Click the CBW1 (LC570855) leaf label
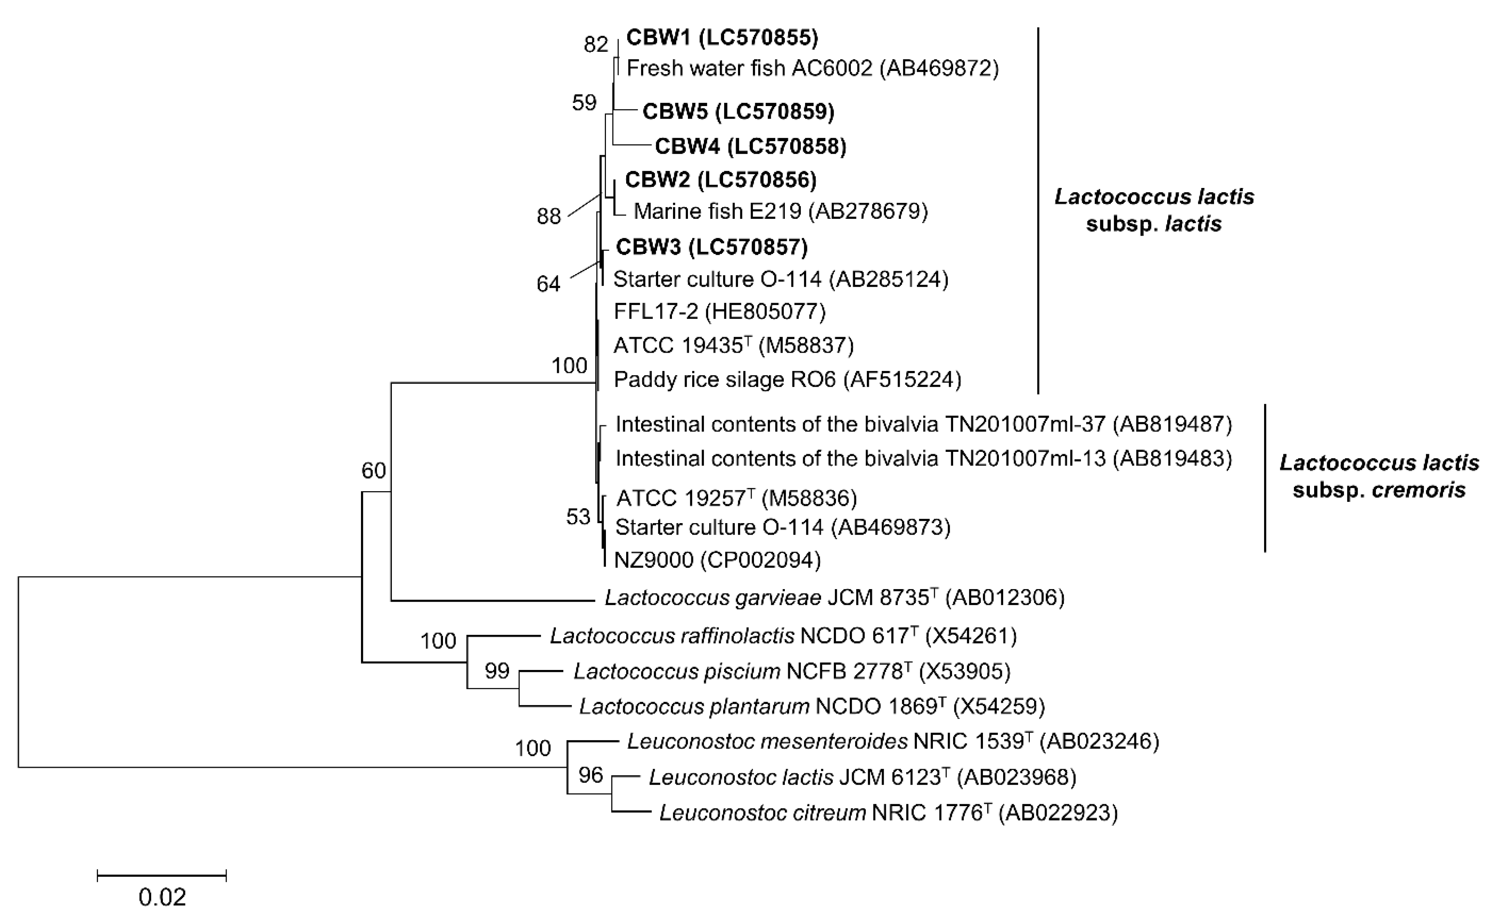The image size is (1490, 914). pos(722,37)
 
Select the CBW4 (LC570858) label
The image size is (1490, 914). pos(751,146)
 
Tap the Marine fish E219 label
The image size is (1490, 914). pos(780,211)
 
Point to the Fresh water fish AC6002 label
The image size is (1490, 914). pos(812,68)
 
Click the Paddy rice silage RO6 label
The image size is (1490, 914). pos(787,380)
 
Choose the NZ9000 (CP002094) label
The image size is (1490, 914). pos(717,560)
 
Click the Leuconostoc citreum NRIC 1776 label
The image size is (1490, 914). pos(888,813)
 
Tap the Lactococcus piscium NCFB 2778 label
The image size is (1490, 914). pos(792,671)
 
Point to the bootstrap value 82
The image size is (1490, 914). pos(596,45)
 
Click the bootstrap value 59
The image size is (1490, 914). pos(584,103)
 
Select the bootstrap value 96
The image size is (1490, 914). pos(591,775)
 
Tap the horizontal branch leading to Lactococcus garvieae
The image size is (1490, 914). pos(493,601)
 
